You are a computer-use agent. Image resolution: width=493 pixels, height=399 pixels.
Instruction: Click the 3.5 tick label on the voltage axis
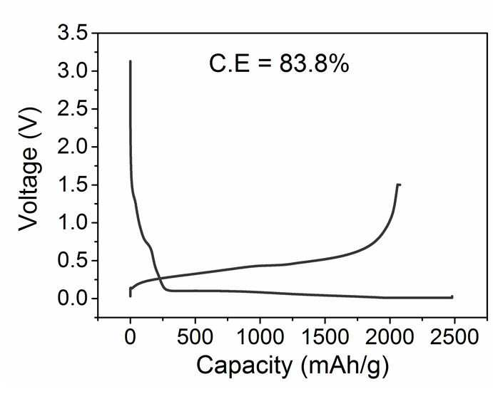[x=73, y=33]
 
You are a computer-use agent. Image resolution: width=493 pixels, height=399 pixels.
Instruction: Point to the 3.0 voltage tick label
[x=73, y=71]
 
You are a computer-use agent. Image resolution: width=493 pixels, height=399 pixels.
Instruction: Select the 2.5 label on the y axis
[x=73, y=108]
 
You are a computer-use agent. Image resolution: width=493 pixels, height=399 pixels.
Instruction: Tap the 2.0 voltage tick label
[x=73, y=147]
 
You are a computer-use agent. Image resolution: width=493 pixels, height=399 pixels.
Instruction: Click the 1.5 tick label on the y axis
[x=73, y=185]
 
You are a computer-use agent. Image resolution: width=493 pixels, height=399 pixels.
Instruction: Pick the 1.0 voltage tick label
[x=73, y=222]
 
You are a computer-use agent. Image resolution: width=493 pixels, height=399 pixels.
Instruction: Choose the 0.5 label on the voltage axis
[x=73, y=261]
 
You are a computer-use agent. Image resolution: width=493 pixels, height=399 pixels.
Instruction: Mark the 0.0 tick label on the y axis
[x=73, y=299]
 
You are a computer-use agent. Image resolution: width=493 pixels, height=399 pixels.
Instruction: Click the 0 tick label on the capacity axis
[x=130, y=338]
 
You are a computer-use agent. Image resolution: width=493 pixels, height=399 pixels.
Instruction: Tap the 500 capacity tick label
[x=195, y=338]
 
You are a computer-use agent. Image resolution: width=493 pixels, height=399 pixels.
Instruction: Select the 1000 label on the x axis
[x=260, y=338]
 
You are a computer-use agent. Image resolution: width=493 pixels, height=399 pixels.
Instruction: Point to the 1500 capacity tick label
[x=325, y=338]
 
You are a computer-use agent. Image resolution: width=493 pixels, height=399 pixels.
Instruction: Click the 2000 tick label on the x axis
[x=390, y=338]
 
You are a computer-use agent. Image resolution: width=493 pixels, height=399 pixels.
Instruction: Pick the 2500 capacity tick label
[x=454, y=338]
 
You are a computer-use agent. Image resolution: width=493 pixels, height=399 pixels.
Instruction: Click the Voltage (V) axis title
[x=29, y=169]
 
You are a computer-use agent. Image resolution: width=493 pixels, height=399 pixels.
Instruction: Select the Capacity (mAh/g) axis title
[x=293, y=367]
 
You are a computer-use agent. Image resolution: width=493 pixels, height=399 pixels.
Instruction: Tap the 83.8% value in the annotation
[x=314, y=64]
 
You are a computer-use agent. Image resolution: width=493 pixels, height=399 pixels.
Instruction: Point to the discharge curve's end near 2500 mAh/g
[x=452, y=296]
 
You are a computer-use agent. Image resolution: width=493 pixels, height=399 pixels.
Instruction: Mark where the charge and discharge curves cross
[x=159, y=278]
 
